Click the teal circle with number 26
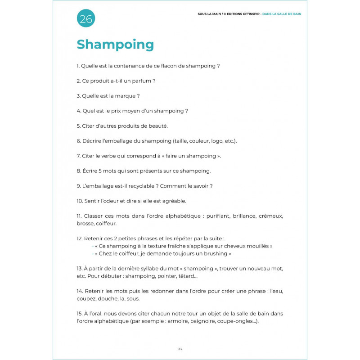(x=85, y=18)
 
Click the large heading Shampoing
(x=115, y=45)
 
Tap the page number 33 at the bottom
(x=180, y=349)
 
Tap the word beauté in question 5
(x=157, y=126)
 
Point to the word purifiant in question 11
(x=218, y=216)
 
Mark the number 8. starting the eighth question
(x=79, y=171)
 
